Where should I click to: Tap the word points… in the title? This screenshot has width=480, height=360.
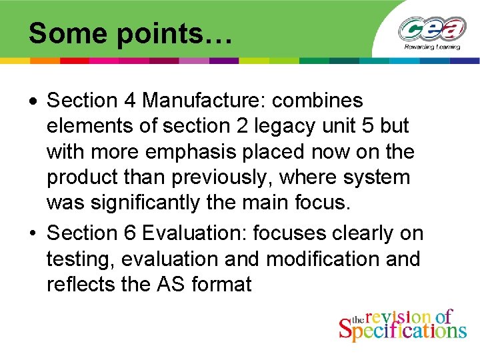tap(175, 34)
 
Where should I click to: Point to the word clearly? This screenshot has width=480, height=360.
tap(350, 233)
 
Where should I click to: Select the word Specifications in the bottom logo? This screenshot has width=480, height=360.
tap(403, 329)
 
